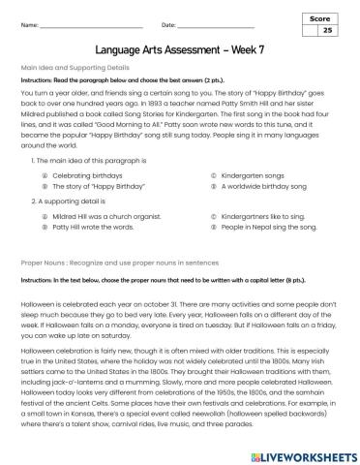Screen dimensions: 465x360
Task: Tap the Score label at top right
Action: pos(324,18)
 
